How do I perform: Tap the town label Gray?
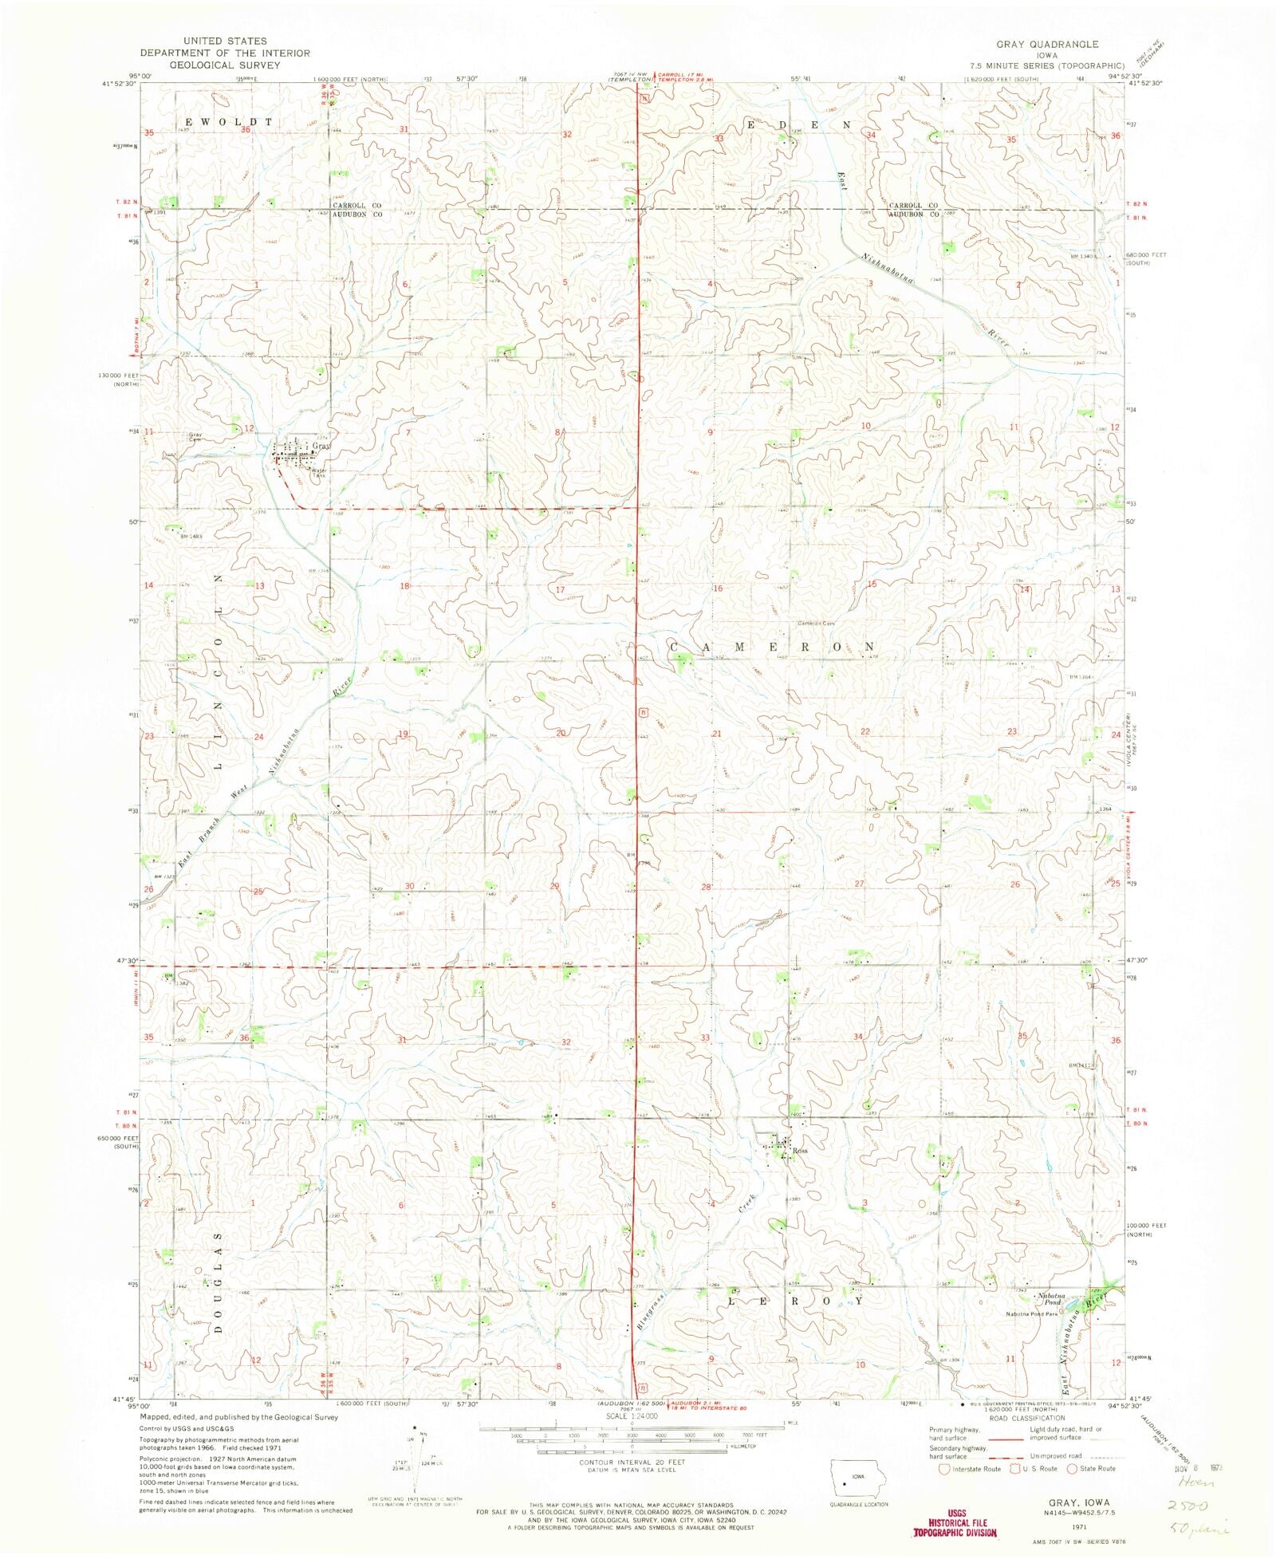[321, 447]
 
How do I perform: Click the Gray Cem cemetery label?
[195, 437]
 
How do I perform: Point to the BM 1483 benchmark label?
[191, 536]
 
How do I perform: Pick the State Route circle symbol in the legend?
[1073, 1469]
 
